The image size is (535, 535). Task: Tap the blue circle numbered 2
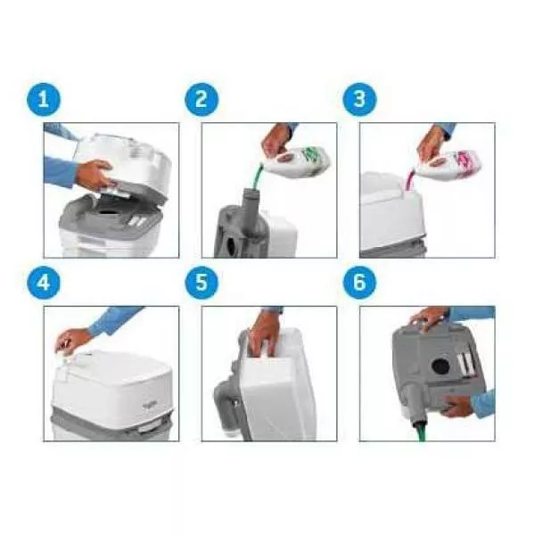tap(202, 99)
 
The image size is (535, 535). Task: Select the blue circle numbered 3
tap(360, 99)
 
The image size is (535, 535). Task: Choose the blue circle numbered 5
tap(202, 283)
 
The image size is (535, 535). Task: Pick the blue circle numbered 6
tap(360, 283)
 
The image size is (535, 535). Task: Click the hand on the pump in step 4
tap(72, 340)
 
